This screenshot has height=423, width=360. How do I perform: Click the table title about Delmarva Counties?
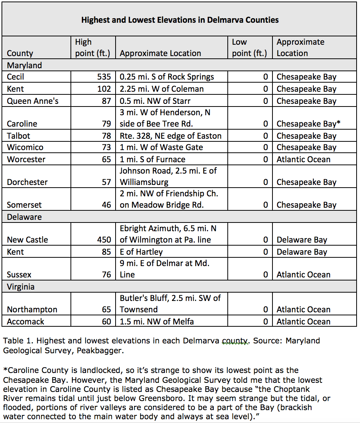coord(180,20)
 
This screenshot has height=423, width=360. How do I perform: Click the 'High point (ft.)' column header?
coord(92,47)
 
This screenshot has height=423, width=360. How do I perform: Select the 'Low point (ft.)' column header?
coord(249,47)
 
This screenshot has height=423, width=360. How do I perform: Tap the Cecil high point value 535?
coord(103,77)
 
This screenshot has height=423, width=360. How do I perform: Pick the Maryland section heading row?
coord(25,65)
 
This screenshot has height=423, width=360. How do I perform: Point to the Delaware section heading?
coord(24,217)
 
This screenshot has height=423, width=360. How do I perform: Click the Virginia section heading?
coord(21,287)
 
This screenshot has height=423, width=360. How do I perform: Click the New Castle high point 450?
coord(103,240)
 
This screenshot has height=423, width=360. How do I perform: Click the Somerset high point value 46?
coord(106,205)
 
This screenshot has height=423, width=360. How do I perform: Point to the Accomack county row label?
coord(25,322)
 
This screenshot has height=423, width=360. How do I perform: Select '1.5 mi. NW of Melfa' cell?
coord(157,322)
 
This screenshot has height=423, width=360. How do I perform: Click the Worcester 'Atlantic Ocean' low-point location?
coord(303,160)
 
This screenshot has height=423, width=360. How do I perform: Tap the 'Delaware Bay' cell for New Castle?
coord(302,240)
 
